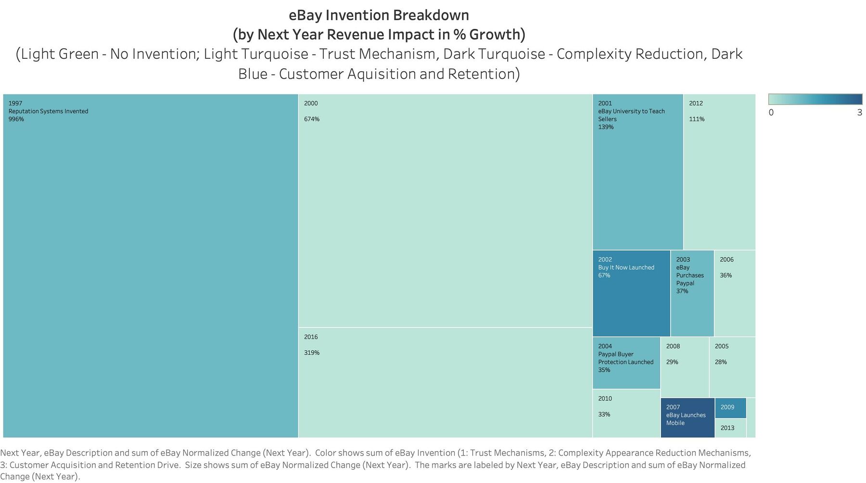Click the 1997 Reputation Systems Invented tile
151,265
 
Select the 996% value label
16,119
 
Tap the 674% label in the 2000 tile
312,119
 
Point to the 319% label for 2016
312,353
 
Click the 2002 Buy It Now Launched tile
631,293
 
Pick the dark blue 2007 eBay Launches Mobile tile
687,418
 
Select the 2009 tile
730,408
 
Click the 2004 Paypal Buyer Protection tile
626,363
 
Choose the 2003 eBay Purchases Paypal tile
692,293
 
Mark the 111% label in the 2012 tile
697,119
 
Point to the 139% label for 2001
606,127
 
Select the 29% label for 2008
672,362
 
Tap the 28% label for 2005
721,362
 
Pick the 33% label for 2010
604,415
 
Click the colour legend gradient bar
815,99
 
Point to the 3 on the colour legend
859,113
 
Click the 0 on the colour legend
771,113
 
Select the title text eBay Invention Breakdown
379,15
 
